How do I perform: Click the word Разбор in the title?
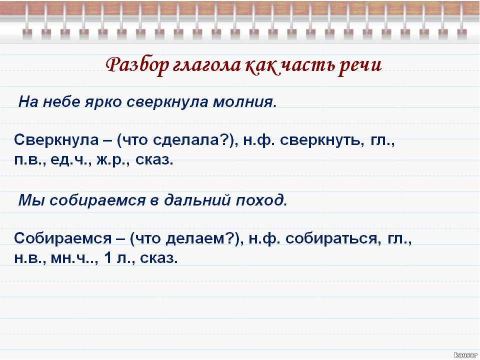point(137,65)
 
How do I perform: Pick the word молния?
point(244,102)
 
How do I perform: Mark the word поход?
point(261,200)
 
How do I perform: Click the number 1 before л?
point(107,258)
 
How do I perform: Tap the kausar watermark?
point(466,355)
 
